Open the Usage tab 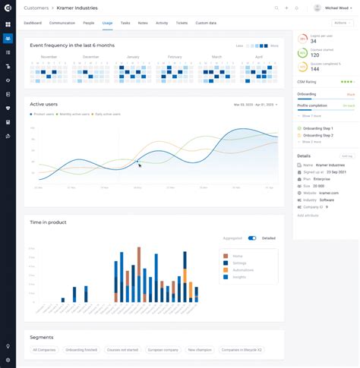(107, 24)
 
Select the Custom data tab (206, 24)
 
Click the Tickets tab (182, 24)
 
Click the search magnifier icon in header (276, 8)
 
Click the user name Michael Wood (338, 8)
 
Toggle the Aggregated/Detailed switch (252, 237)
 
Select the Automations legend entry (242, 270)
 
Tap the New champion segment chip (201, 350)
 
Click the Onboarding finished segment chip (81, 350)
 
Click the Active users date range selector (255, 104)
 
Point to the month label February (175, 57)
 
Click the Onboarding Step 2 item (317, 135)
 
